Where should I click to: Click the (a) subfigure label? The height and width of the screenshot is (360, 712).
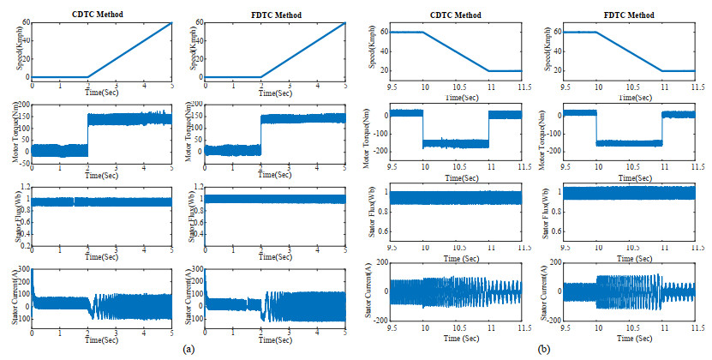(x=189, y=349)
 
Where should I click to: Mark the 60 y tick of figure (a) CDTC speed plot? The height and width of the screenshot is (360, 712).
(x=25, y=22)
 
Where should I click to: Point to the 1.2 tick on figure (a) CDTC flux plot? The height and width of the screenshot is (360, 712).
(x=23, y=186)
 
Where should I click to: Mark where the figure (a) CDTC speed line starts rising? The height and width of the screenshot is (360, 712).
(x=88, y=77)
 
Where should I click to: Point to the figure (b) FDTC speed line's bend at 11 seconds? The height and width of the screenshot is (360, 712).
(x=662, y=70)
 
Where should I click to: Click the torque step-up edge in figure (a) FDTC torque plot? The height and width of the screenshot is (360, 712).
(x=261, y=133)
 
